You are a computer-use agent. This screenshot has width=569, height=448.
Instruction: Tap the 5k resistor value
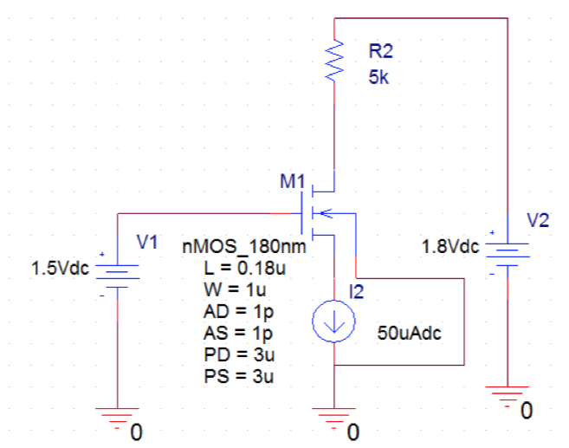coord(378,75)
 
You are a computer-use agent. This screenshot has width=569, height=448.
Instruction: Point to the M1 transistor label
coord(293,182)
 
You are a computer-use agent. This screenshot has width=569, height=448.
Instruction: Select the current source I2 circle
coord(333,321)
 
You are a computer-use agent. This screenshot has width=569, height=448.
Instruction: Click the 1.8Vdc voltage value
coord(449,247)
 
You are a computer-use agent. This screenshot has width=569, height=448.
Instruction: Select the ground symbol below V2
coord(506,394)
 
